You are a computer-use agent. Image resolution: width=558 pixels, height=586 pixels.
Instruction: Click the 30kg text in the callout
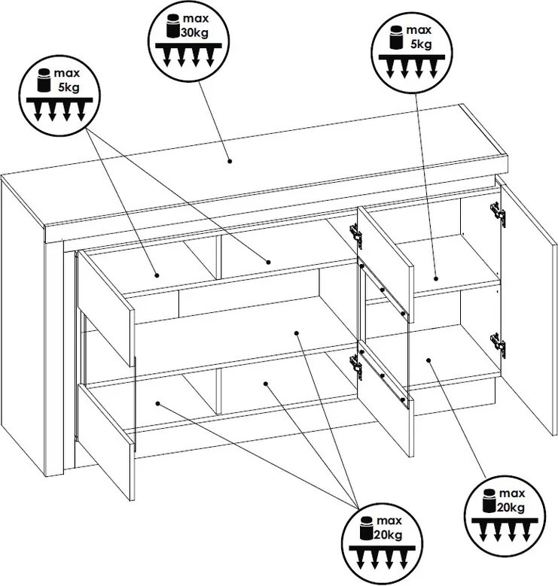coord(194,32)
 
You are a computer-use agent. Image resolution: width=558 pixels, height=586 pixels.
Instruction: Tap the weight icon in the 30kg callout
coord(172,26)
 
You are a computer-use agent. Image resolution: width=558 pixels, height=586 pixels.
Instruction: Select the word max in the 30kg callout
coord(196,18)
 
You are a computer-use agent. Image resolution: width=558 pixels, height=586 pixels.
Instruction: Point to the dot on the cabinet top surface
coord(230,161)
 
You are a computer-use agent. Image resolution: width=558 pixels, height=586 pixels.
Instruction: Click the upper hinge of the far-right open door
coord(499,214)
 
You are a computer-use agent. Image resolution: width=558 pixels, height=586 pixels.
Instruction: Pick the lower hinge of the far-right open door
coord(499,345)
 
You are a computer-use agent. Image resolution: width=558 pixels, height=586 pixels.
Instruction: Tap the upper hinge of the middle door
coord(356,236)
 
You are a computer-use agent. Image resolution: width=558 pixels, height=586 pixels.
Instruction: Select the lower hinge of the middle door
coord(356,367)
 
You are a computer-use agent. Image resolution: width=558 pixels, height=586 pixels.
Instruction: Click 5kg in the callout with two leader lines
coord(69,87)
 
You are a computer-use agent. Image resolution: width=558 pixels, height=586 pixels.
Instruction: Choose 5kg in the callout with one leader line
coord(421,44)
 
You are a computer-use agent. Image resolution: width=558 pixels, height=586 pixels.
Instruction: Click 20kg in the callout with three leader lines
coord(389,535)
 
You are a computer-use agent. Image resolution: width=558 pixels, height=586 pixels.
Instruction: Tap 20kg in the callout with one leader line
coord(511,507)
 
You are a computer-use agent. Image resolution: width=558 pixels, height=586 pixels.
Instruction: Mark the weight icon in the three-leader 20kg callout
coord(367,528)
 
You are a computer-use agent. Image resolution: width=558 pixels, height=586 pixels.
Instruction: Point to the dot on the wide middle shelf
coord(296,332)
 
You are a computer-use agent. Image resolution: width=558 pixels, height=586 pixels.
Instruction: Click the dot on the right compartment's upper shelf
coord(436,278)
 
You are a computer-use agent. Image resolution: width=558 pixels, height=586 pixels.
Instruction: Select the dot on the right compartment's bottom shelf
coord(428,360)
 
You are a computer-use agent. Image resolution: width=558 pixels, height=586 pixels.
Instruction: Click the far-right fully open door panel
coord(527,306)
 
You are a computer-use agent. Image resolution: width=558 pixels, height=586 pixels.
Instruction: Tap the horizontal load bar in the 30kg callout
coord(188,45)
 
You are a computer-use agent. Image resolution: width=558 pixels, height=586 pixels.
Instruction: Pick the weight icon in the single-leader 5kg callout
coord(396,38)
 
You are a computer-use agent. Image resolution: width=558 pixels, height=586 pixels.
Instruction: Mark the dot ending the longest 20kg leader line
coord(158,404)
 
